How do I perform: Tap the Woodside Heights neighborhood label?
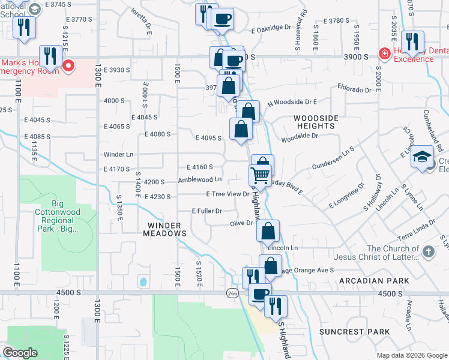coord(315,122)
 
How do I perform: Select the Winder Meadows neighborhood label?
coord(163,229)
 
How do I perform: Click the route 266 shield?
coord(233,293)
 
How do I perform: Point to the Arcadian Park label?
coord(373,281)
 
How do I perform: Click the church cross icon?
coord(427,252)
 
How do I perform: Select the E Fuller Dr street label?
coord(207,211)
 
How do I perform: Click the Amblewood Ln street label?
coord(200,179)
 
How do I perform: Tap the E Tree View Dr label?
coord(228,194)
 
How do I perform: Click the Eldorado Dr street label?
coord(355,90)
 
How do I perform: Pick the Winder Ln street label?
coord(118,154)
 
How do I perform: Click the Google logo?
coord(20,353)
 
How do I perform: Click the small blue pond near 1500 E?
coord(142,281)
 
